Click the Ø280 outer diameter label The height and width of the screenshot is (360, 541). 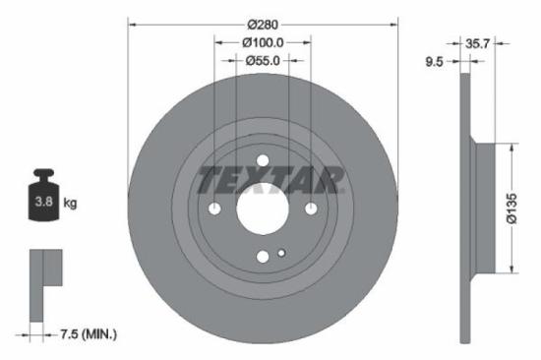263,23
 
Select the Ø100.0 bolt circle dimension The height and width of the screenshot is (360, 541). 263,42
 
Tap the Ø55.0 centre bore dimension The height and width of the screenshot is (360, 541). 263,60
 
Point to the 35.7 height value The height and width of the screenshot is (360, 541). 477,43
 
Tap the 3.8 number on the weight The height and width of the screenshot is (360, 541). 44,204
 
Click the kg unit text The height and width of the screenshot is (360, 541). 70,203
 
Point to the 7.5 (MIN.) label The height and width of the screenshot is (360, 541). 84,335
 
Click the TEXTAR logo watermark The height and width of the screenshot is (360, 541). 271,179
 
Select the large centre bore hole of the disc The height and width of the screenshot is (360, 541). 263,209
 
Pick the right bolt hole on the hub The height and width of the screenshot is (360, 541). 311,209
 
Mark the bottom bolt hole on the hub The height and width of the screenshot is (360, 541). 263,257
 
